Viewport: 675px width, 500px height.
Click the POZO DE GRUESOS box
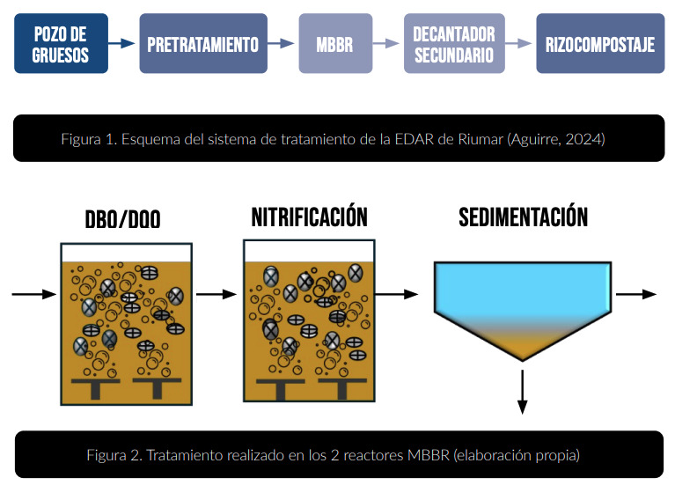(x=61, y=43)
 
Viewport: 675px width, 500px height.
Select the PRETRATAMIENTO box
(x=202, y=43)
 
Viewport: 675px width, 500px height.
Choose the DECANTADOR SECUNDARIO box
(x=454, y=43)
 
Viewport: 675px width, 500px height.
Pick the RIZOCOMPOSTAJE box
(x=599, y=43)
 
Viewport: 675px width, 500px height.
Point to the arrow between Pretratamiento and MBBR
(x=281, y=42)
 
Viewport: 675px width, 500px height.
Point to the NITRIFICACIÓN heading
(x=309, y=217)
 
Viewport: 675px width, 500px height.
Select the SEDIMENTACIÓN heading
(x=523, y=217)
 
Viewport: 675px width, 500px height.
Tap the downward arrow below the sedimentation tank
(x=523, y=391)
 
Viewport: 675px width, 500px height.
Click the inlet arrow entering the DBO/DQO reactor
(x=33, y=294)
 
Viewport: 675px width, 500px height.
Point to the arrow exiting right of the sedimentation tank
(x=636, y=294)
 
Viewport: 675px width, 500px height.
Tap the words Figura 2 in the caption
(x=114, y=455)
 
